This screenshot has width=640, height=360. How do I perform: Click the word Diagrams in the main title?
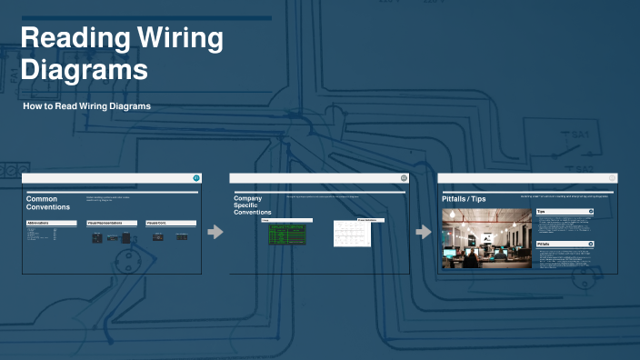coord(84,70)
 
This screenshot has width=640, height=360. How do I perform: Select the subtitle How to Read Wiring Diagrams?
coord(87,106)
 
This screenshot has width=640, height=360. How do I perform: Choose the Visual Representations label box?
coord(112,223)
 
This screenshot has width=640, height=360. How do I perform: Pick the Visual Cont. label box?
coord(170,223)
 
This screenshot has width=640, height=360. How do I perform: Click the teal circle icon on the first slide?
coord(195,177)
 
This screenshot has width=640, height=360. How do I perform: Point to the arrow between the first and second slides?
coord(215,233)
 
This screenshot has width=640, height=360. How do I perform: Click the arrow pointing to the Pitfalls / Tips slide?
coord(424,233)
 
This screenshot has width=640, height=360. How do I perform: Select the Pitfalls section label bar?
coord(565,245)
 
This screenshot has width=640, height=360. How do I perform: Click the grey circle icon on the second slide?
coord(404,177)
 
